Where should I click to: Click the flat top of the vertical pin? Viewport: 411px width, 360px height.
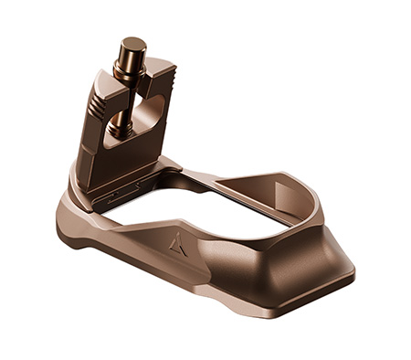coord(133,43)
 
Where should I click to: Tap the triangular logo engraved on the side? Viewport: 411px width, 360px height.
coord(178,243)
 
